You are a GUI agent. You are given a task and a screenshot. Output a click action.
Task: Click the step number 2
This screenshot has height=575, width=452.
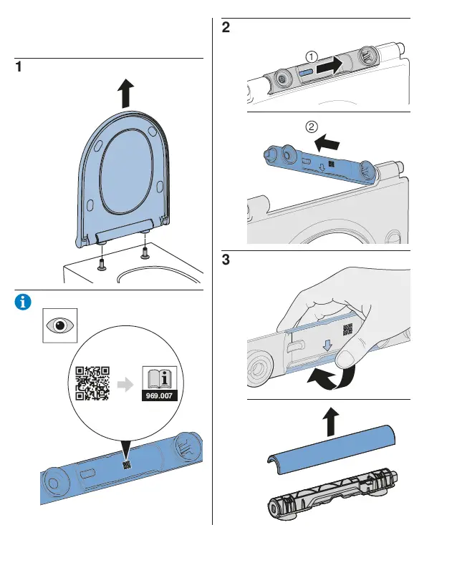226,29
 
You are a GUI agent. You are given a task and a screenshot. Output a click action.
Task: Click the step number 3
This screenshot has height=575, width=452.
226,260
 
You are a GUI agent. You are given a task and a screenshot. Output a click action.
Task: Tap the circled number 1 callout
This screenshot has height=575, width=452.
311,56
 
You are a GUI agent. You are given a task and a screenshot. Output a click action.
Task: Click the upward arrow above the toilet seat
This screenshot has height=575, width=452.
126,94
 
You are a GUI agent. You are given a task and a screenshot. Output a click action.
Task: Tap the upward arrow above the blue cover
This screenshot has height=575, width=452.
330,423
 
